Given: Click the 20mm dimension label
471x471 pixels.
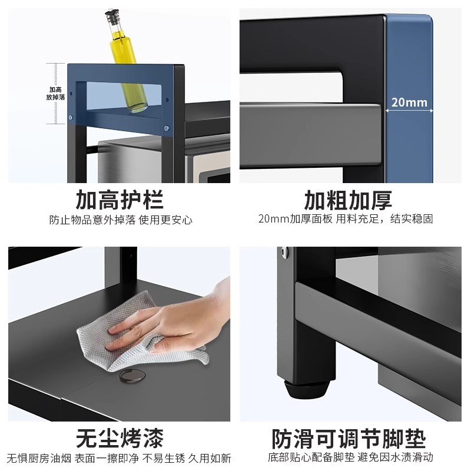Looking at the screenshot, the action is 410,102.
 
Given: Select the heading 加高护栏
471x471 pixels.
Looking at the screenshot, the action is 120,200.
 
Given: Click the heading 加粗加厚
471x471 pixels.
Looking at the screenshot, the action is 348,200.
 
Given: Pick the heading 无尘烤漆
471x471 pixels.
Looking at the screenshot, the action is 120,438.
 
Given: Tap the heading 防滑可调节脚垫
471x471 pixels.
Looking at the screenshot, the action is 348,438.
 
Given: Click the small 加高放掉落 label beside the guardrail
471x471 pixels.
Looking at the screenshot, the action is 57,92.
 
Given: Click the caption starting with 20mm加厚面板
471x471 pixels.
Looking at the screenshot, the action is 346,220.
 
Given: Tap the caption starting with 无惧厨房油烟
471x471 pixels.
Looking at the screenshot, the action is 120,458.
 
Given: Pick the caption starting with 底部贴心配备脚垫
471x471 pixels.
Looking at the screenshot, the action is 351,458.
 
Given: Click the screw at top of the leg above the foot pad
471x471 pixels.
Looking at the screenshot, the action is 286,253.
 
